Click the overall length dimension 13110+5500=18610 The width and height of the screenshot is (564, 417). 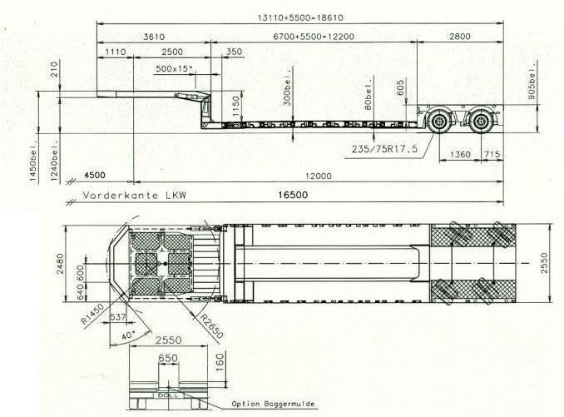pyautogui.click(x=300, y=17)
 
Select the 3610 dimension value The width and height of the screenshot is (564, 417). pyautogui.click(x=154, y=37)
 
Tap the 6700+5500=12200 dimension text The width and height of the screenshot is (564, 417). pyautogui.click(x=314, y=37)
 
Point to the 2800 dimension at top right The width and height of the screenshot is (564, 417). pyautogui.click(x=460, y=37)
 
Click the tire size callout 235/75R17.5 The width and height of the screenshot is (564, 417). pyautogui.click(x=384, y=149)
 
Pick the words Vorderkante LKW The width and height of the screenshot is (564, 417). pyautogui.click(x=135, y=196)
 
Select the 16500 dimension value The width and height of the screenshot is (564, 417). pyautogui.click(x=293, y=195)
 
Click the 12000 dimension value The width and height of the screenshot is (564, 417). pyautogui.click(x=319, y=176)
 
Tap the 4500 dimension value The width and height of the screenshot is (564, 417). pyautogui.click(x=95, y=176)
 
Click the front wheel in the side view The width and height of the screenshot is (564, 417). pyautogui.click(x=439, y=122)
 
